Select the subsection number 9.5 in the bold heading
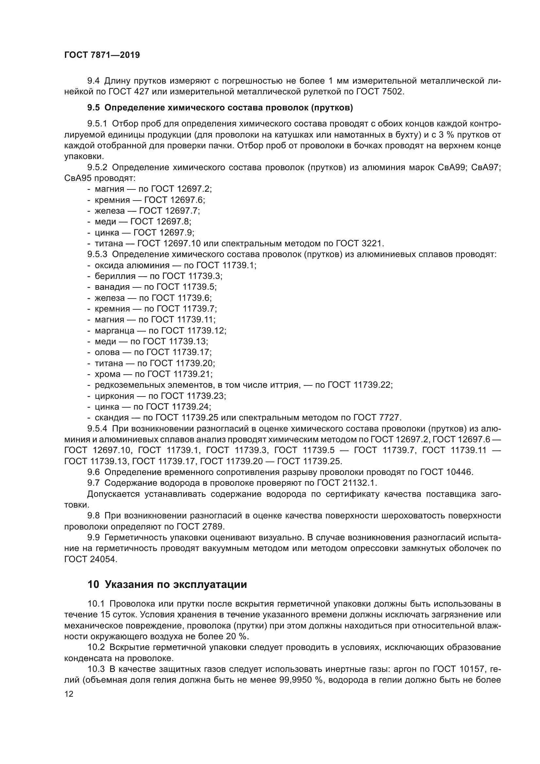[x=93, y=108]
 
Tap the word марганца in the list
[x=114, y=331]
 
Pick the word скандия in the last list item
[x=112, y=417]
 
